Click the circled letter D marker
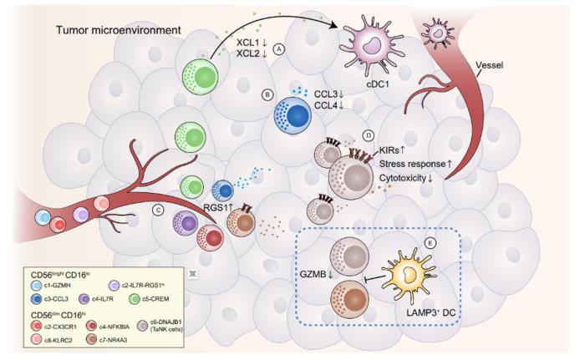tap(369, 135)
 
